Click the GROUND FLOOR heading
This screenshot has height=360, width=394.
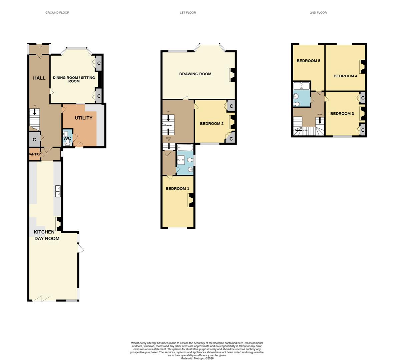pos(57,13)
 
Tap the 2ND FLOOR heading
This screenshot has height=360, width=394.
pos(318,13)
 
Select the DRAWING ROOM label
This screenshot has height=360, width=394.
pos(195,74)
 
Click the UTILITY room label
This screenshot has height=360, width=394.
pos(84,118)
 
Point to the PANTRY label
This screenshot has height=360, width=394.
pos(35,154)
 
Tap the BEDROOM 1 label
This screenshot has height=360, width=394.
pos(177,189)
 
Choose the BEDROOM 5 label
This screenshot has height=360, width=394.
pos(309,61)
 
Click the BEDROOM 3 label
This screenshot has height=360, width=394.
pos(342,114)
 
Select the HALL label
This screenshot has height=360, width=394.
pos(39,78)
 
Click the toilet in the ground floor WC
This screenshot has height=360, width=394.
pos(68,143)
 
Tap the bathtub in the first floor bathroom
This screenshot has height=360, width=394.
pos(185,147)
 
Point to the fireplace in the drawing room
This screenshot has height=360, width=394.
pos(233,75)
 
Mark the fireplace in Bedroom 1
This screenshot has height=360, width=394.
pos(191,200)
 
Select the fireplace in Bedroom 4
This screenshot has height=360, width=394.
pos(362,67)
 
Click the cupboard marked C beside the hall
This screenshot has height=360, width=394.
pos(34,140)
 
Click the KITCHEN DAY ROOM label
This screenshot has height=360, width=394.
pos(47,235)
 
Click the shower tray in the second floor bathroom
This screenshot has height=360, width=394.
pos(302,86)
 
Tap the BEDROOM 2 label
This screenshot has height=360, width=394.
pos(212,124)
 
